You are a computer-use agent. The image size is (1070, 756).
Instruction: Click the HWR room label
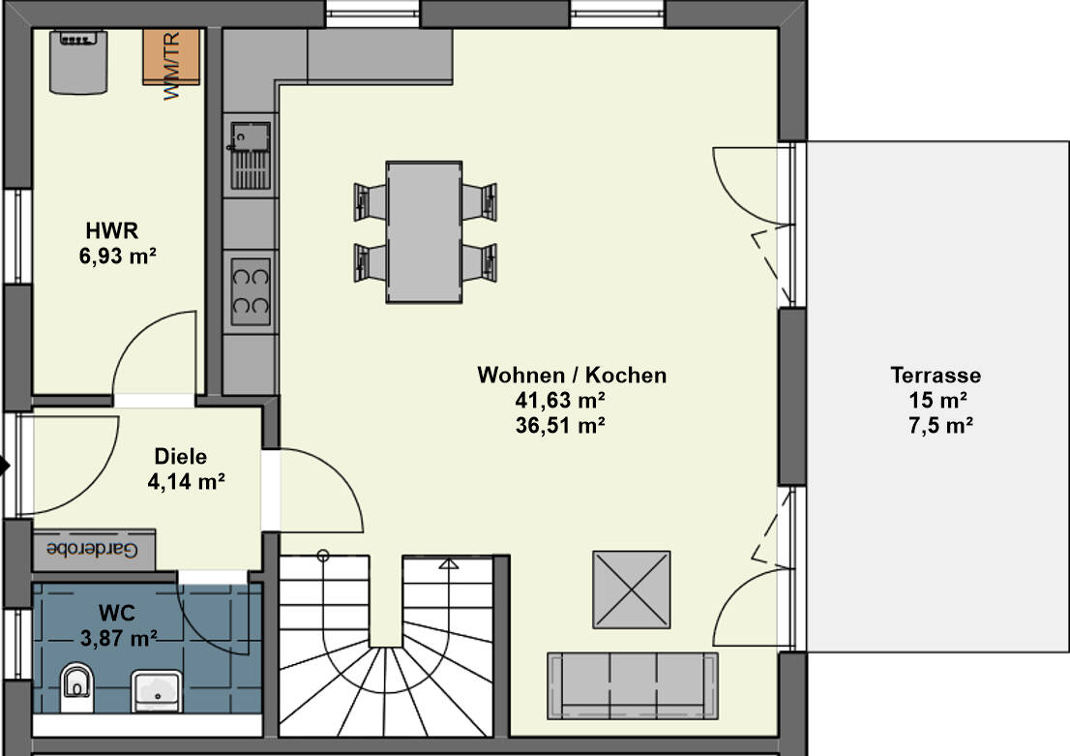112,231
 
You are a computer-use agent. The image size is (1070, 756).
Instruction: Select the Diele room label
181,457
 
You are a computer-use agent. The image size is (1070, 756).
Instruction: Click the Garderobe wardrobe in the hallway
94,549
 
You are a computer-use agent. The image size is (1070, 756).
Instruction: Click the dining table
424,231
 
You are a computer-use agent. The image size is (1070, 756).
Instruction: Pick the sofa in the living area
633,684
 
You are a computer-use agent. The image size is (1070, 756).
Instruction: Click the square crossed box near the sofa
631,590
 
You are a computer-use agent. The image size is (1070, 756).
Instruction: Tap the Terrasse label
936,376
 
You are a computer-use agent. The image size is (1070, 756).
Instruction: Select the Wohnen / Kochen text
572,375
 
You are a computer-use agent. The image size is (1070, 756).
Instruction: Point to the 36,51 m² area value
561,424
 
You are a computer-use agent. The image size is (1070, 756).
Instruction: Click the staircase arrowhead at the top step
448,562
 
